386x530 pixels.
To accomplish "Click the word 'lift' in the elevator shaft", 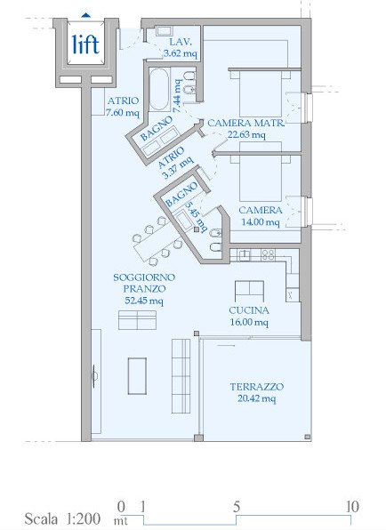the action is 86,44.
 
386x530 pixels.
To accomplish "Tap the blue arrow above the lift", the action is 86,15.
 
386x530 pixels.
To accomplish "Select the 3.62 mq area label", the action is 181,53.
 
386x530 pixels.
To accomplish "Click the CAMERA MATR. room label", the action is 246,123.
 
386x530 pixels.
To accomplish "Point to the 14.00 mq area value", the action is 261,222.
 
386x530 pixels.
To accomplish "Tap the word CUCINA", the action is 249,310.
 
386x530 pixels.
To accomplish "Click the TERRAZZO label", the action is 257,387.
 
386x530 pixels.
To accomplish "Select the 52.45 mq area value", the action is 144,301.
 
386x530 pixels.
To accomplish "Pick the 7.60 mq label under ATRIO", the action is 123,112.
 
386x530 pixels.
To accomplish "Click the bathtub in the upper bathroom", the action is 159,90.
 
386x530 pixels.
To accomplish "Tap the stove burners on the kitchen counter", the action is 269,254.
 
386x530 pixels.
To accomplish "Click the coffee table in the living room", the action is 137,376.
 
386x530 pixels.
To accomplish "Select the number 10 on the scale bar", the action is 352,507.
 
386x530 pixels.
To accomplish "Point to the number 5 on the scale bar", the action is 237,507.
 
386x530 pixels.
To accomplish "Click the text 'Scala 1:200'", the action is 62,518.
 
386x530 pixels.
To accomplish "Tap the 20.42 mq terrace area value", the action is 256,398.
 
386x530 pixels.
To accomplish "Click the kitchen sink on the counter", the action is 245,255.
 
